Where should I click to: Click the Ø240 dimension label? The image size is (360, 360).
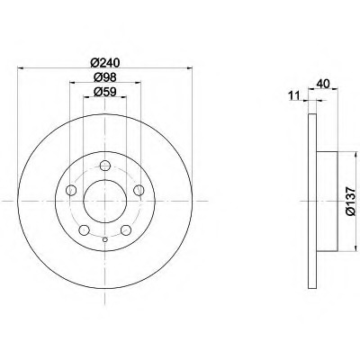104,63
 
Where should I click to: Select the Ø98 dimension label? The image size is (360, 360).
104,77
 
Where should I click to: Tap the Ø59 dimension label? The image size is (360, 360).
104,92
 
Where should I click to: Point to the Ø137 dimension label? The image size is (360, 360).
350,201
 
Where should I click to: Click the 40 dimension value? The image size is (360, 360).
323,84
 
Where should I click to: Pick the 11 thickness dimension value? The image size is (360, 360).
294,96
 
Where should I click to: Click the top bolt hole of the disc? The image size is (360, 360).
104,166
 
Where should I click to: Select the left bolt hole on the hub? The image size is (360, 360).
71,190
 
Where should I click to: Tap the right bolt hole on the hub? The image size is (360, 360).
139,190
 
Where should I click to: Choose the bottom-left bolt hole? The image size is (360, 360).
84,230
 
